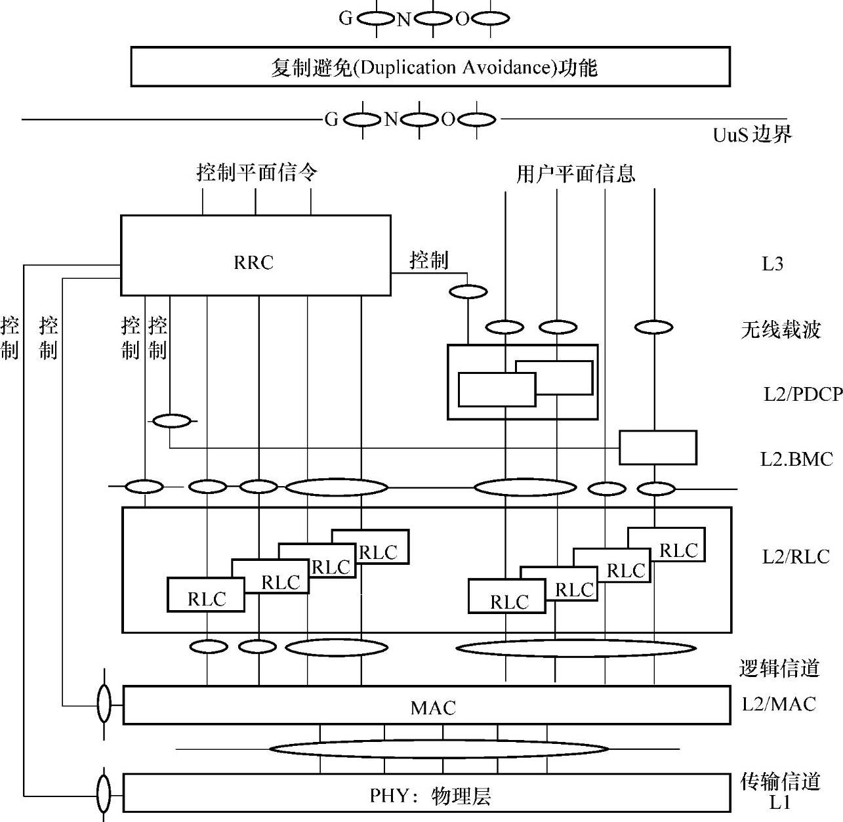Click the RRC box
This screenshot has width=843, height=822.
pyautogui.click(x=255, y=255)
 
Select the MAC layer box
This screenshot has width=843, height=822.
pyautogui.click(x=426, y=706)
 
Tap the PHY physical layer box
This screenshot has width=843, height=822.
pyautogui.click(x=426, y=794)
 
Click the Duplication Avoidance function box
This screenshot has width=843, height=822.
pyautogui.click(x=430, y=66)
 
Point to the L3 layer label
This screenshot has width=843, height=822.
pyautogui.click(x=772, y=264)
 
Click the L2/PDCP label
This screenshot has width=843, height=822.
pyautogui.click(x=802, y=394)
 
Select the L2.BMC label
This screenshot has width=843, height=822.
pyautogui.click(x=796, y=459)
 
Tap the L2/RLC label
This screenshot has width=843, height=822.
pyautogui.click(x=795, y=557)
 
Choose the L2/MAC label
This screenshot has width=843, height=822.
pyautogui.click(x=779, y=704)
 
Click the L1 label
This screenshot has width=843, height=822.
pyautogui.click(x=780, y=802)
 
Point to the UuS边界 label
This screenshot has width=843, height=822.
pyautogui.click(x=752, y=134)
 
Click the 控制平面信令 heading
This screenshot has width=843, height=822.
pyautogui.click(x=257, y=173)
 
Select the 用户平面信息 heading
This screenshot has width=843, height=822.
pyautogui.click(x=575, y=174)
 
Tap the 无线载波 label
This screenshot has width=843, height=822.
pyautogui.click(x=781, y=329)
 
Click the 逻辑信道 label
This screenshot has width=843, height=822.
pyautogui.click(x=779, y=668)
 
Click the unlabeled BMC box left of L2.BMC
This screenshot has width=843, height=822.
pyautogui.click(x=657, y=447)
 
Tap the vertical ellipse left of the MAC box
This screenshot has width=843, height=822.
pyautogui.click(x=104, y=704)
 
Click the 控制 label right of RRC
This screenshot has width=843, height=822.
pyautogui.click(x=429, y=260)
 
